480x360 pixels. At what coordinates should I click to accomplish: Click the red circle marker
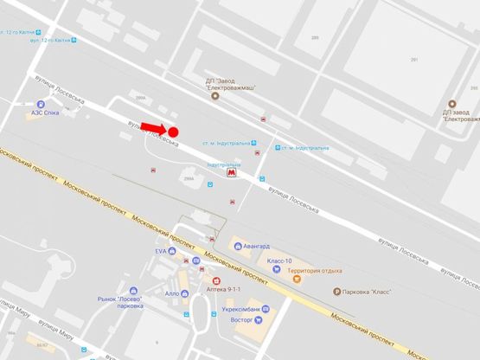[x=172, y=132]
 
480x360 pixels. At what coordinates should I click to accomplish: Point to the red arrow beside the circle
[x=153, y=128]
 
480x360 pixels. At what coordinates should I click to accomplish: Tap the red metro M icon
[x=231, y=173]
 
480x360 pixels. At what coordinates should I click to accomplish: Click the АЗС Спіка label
[x=45, y=112]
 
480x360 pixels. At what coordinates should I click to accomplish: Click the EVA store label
[x=160, y=251]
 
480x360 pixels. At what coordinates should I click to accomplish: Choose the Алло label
[x=171, y=293]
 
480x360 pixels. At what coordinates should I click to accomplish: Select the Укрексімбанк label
[x=239, y=308]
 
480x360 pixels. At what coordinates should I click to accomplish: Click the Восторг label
[x=242, y=319]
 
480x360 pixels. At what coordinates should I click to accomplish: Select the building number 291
[x=414, y=60]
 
